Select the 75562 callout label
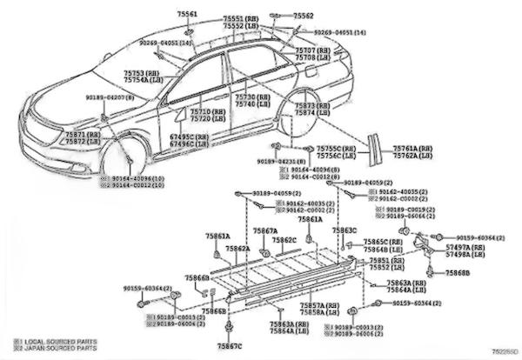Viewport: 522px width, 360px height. [303, 16]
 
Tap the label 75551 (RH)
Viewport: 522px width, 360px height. [239, 18]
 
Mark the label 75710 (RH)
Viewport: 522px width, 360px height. [207, 112]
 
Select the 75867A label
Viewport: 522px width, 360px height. [265, 231]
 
